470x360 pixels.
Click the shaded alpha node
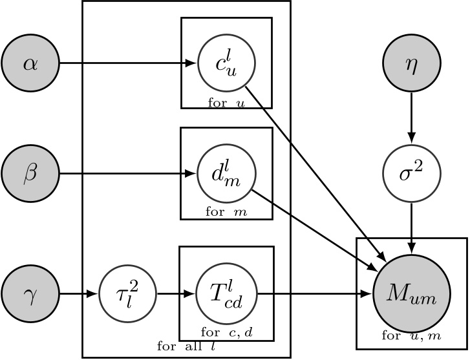click(30, 63)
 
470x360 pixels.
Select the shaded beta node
click(30, 174)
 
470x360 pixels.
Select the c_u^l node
click(226, 63)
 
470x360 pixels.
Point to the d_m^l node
click(226, 174)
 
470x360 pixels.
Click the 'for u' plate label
click(226, 102)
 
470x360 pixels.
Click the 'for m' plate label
click(226, 212)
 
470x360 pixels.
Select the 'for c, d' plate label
click(226, 333)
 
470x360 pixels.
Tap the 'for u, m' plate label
click(411, 335)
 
